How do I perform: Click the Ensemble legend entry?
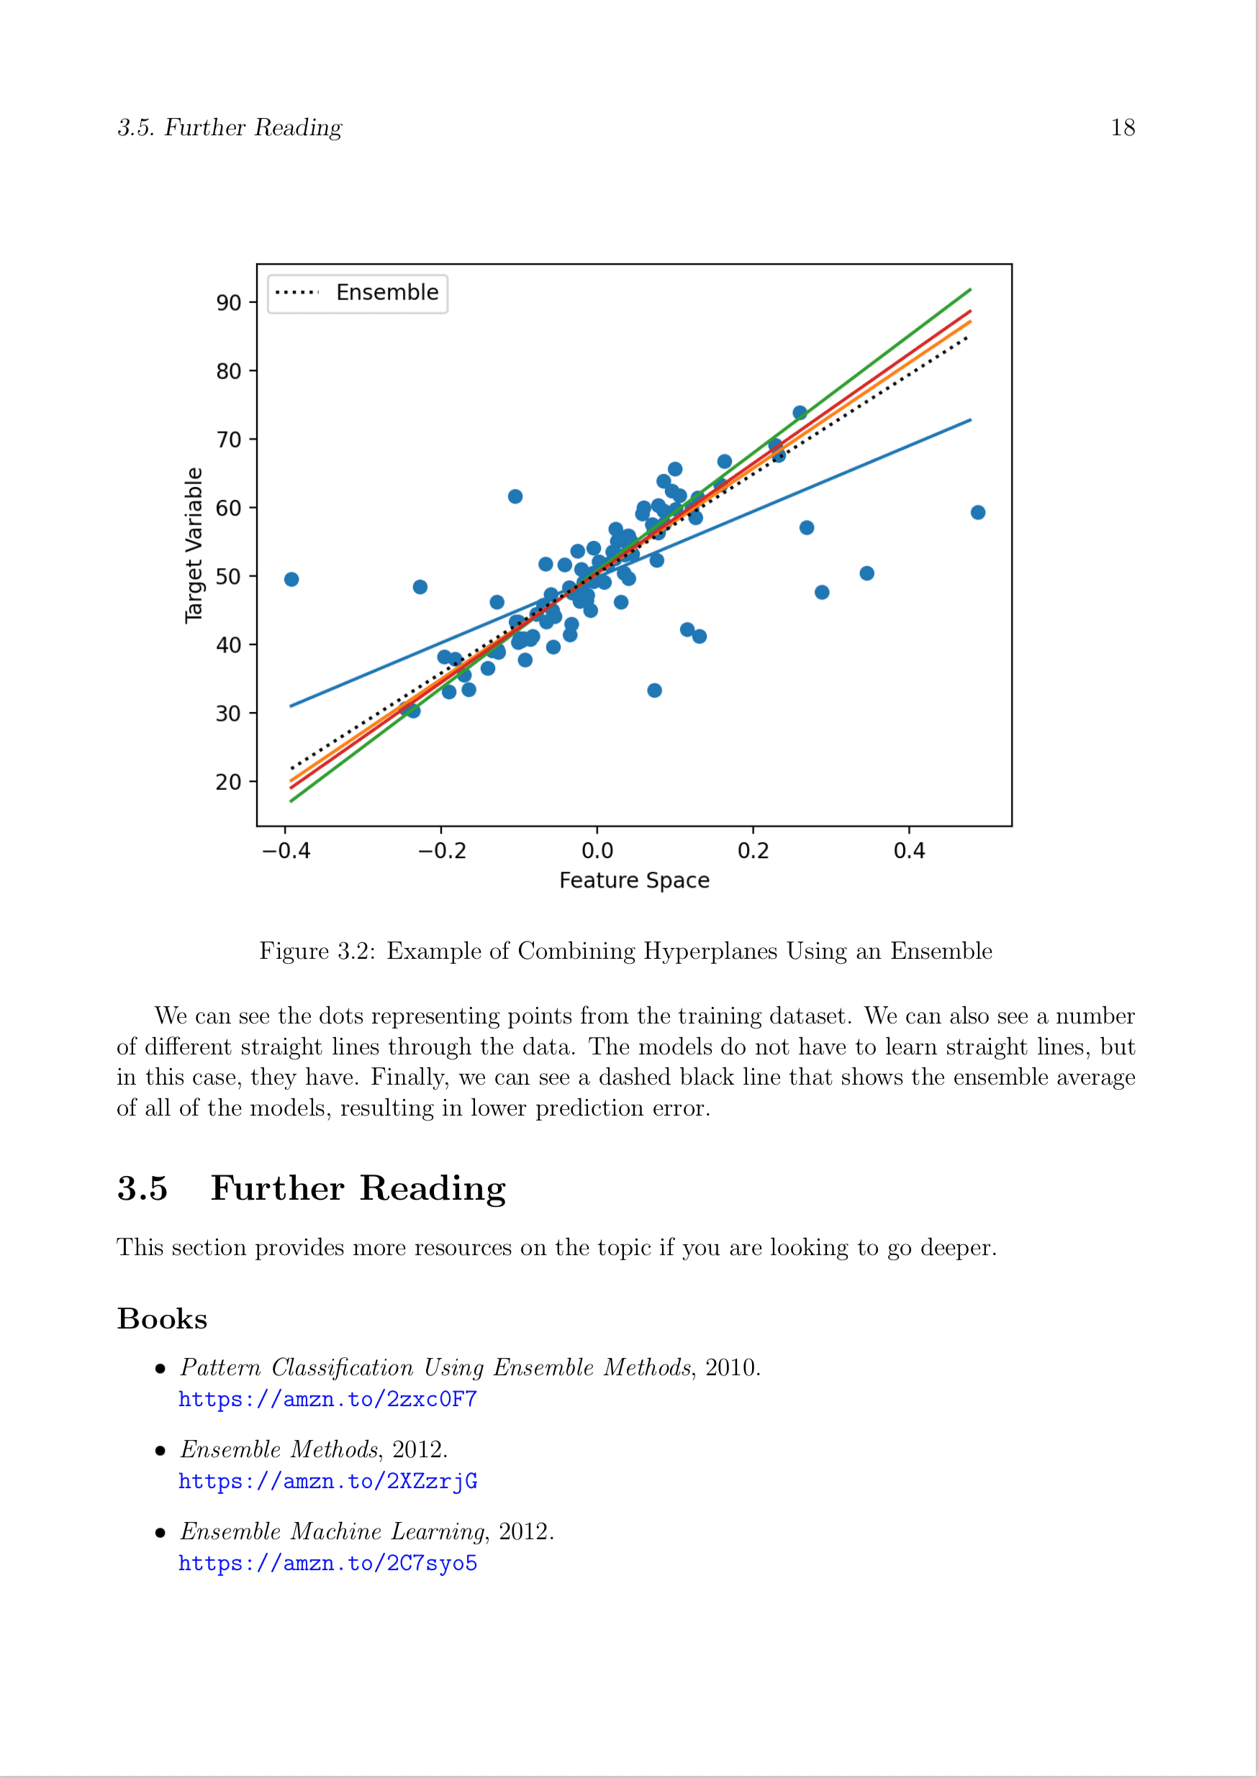click(x=358, y=293)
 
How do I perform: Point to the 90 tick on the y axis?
click(x=229, y=303)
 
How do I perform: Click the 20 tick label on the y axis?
click(x=229, y=782)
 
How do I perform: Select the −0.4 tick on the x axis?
click(x=286, y=851)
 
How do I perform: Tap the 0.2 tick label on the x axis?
click(x=753, y=851)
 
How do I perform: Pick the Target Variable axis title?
click(x=194, y=545)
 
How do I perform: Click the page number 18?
click(x=1123, y=128)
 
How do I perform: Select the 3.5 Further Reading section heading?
click(x=312, y=1189)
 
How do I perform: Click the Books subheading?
click(x=163, y=1319)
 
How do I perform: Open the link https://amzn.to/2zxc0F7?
click(x=327, y=1400)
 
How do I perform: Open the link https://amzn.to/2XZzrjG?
click(x=327, y=1482)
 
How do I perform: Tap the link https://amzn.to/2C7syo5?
click(x=327, y=1564)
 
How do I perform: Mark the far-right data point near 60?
click(x=977, y=513)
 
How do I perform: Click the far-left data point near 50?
click(x=291, y=580)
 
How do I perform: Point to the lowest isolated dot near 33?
click(x=655, y=690)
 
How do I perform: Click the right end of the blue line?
click(x=970, y=421)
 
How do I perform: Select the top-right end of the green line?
click(x=970, y=290)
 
